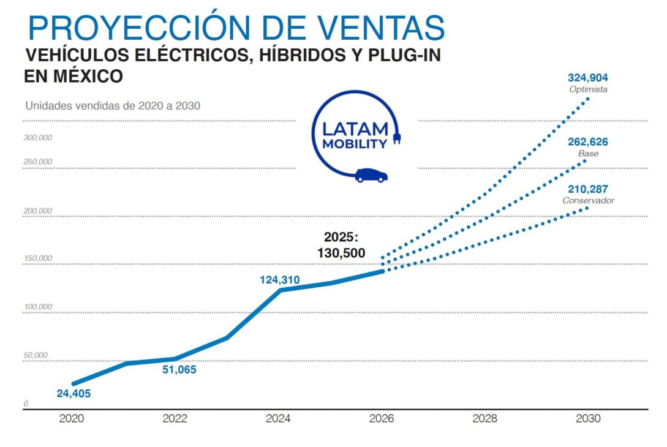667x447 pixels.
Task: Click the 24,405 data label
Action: [x=73, y=394]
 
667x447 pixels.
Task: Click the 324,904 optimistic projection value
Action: [x=588, y=78]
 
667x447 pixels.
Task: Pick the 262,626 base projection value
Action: [x=588, y=142]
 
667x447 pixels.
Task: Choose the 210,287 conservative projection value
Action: [x=588, y=189]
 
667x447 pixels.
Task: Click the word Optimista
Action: [x=588, y=89]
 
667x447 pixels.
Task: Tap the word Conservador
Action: [x=588, y=200]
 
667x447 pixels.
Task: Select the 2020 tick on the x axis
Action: [x=72, y=419]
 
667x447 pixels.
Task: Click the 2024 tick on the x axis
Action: [x=278, y=419]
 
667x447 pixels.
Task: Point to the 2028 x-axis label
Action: [x=485, y=419]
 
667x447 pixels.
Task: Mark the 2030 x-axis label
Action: [x=588, y=419]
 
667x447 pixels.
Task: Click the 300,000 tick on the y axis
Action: [x=38, y=137]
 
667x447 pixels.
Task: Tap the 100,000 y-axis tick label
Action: [x=38, y=306]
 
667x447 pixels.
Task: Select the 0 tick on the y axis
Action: [x=26, y=404]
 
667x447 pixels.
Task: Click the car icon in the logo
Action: [x=371, y=175]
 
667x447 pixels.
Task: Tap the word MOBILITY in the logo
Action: [x=355, y=145]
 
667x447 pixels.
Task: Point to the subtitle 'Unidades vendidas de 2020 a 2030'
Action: [x=113, y=105]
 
